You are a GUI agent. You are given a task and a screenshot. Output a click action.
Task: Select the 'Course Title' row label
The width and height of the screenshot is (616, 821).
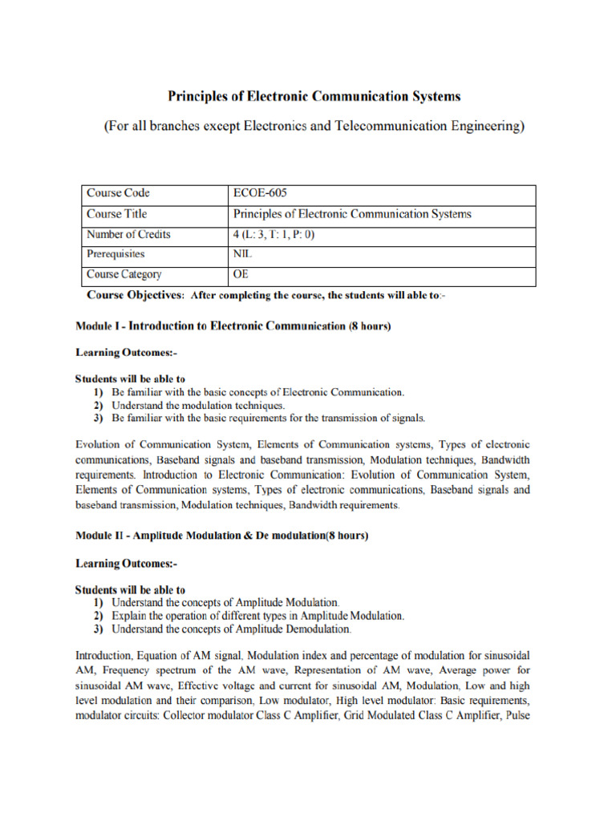pos(117,214)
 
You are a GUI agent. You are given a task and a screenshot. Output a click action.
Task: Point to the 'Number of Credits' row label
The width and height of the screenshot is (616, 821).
pos(128,235)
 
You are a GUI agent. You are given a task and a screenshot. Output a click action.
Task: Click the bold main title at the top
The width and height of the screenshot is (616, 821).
pos(314,97)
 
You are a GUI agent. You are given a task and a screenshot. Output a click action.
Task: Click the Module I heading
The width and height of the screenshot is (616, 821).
pos(233,326)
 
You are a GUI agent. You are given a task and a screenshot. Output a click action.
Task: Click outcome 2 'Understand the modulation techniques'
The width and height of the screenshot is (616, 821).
pos(196,405)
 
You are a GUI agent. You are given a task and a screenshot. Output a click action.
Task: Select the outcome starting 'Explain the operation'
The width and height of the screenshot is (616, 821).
pos(257,616)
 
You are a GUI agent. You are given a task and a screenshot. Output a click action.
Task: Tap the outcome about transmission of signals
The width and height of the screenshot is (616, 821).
pos(268,418)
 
